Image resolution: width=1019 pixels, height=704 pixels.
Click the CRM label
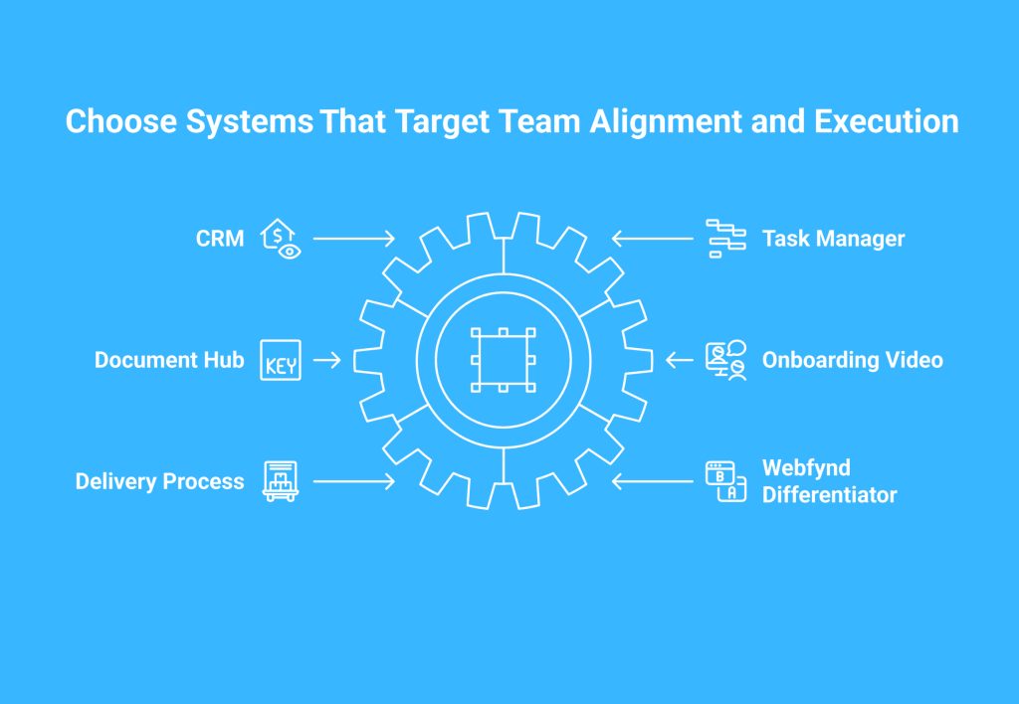coord(220,239)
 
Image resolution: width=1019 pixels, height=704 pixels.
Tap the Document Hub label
coord(169,360)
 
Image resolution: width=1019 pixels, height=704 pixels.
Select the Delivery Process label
coord(160,481)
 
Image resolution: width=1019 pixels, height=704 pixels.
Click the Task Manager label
coord(833,239)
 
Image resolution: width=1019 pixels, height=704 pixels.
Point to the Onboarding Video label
coord(852,360)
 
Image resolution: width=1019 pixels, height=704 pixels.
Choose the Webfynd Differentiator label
coord(829,481)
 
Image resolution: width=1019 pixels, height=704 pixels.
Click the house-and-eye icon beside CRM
coord(281,239)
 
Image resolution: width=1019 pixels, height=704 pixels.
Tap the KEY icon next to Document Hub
coord(281,360)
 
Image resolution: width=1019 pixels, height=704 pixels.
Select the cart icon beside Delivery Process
coord(281,481)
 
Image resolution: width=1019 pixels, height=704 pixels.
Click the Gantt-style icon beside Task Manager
coord(725,239)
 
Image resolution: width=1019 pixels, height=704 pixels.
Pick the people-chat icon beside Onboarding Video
coord(725,360)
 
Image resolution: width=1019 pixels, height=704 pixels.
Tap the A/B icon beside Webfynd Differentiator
coord(725,481)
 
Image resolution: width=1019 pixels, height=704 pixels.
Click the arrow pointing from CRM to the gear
coord(354,239)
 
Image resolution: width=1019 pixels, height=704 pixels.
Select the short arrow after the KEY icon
coord(326,360)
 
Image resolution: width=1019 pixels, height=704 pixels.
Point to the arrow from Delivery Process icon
coord(354,481)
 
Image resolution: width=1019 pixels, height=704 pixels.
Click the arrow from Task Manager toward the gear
coord(653,239)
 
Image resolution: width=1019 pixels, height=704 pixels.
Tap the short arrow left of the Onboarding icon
coord(680,360)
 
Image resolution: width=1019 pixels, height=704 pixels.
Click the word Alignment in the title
coord(666,122)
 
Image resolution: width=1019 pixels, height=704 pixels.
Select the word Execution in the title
coord(887,121)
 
